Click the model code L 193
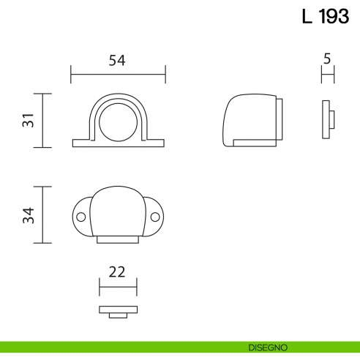(325, 17)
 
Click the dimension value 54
(117, 61)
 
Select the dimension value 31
(28, 121)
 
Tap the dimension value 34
(28, 214)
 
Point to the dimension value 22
(117, 271)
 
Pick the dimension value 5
(327, 57)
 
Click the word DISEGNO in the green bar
(268, 346)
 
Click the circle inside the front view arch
(118, 120)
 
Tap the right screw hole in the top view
(156, 217)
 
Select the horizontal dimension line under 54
(118, 74)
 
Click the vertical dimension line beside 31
(45, 121)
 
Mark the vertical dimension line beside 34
(45, 214)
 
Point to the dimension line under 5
(327, 73)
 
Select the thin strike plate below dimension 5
(325, 121)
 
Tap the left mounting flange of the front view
(81, 142)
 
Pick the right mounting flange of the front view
(154, 142)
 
